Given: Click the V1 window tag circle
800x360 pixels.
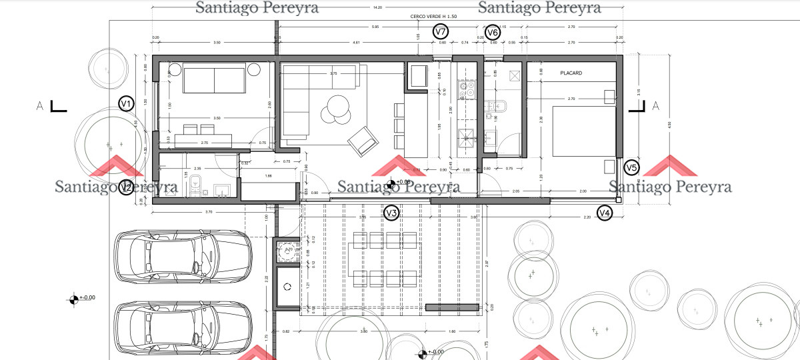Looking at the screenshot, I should (125, 103).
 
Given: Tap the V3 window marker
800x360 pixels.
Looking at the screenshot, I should (392, 213).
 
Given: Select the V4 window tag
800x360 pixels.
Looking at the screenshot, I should (604, 213).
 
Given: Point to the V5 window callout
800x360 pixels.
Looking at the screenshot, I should (631, 168).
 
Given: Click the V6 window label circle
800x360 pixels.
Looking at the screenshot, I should (492, 31).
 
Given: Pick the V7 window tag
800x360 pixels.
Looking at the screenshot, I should (440, 31).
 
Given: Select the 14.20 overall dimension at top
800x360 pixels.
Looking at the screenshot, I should (377, 7).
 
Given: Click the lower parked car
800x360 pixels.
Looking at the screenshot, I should (183, 328).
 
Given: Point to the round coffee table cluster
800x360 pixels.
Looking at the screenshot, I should (337, 110).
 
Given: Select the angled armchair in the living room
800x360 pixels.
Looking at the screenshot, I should (363, 141).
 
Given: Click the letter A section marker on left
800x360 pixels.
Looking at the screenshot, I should (41, 105).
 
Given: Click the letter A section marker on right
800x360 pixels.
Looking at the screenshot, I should (655, 105).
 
